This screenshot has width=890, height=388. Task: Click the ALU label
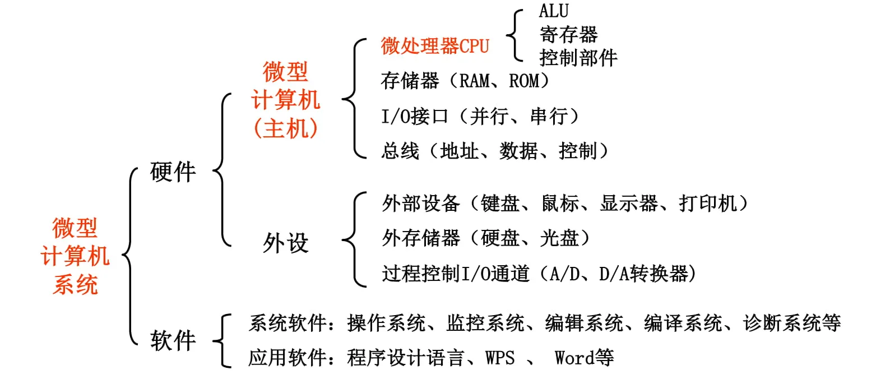coord(554,11)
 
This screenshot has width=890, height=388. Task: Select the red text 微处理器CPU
coord(435,46)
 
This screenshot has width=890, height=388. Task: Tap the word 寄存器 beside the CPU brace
coord(568,35)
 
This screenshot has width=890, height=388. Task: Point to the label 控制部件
coord(578,58)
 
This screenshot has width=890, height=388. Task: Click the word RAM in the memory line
coord(474,81)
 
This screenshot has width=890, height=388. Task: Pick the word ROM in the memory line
coord(524,81)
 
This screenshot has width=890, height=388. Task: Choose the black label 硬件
coord(173,172)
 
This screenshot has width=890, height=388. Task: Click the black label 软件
coord(173,340)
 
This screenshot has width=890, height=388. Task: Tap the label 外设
coord(286,243)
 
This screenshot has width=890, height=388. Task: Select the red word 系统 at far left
coord(75,285)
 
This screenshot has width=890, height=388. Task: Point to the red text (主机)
coord(286,128)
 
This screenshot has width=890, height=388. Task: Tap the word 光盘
coord(559,238)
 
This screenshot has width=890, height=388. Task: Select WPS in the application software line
coord(500,358)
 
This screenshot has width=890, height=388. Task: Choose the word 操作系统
coord(386,323)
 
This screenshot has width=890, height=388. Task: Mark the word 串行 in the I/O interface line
coord(549,117)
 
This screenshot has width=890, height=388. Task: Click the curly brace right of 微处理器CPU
coord(514,35)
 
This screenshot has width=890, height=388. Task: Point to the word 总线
coord(400,151)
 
